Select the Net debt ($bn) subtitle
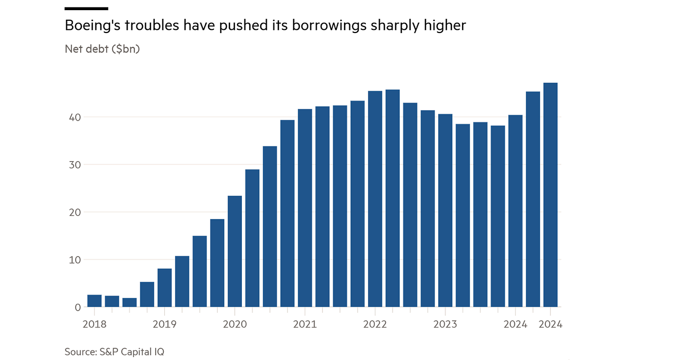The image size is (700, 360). [x=102, y=49]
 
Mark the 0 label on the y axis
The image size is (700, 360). [x=77, y=307]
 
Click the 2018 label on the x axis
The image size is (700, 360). [x=94, y=324]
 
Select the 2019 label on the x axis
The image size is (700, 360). [x=164, y=324]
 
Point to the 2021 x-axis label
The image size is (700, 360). [x=305, y=324]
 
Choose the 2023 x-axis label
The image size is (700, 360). [x=445, y=324]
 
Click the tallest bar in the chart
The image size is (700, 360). [x=550, y=195]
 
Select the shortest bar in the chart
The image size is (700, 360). [x=129, y=302]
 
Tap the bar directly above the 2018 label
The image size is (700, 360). [x=94, y=301]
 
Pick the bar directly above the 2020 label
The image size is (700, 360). [x=235, y=251]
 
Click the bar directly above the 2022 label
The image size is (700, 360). [x=375, y=199]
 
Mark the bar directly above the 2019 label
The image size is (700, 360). [x=164, y=287]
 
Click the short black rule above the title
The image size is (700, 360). [x=87, y=9]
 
